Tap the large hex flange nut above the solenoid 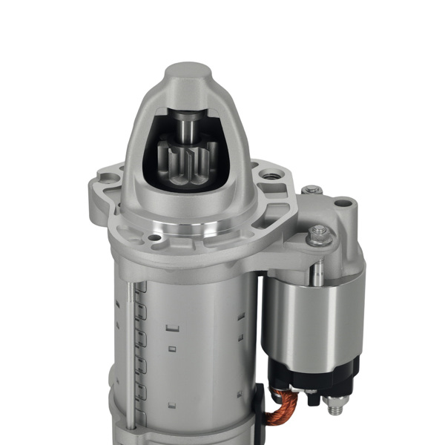pyautogui.click(x=319, y=234)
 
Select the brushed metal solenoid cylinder pyautogui.click(x=311, y=311)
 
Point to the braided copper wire pyautogui.click(x=286, y=404)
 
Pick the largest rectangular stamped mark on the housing pyautogui.click(x=174, y=327)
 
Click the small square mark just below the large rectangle pyautogui.click(x=172, y=347)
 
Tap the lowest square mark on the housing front pyautogui.click(x=171, y=404)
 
